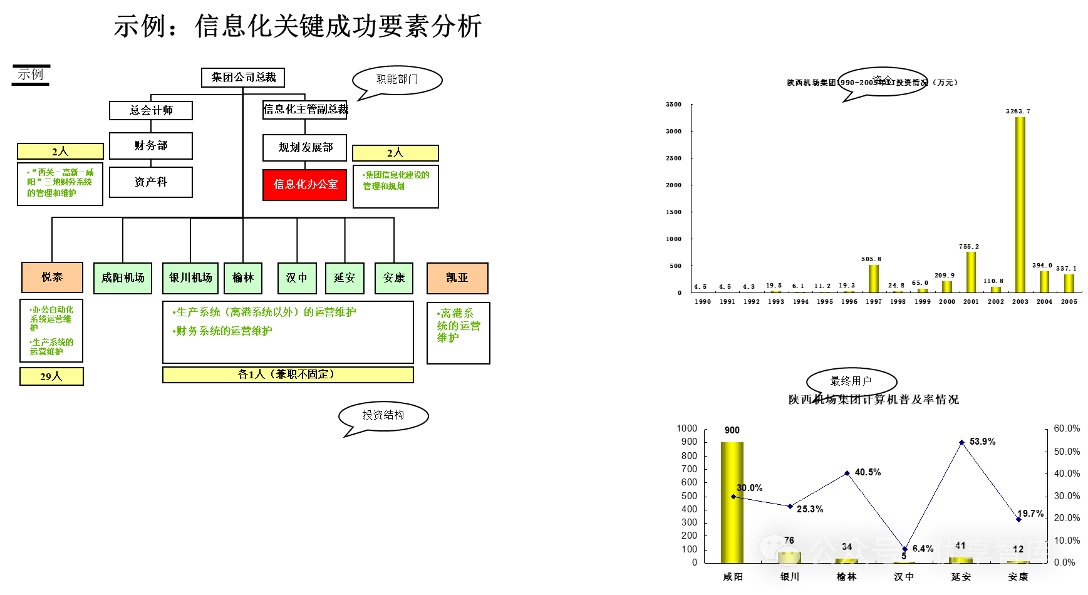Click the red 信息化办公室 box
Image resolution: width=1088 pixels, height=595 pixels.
point(304,185)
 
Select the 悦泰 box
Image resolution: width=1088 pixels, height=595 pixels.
point(52,277)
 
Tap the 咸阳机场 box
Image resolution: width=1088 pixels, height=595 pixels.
point(123,278)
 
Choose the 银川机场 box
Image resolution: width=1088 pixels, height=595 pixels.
point(190,278)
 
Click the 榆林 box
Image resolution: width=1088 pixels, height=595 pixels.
point(243,278)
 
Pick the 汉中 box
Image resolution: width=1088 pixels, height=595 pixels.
point(297,278)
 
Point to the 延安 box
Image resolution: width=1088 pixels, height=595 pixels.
point(345,278)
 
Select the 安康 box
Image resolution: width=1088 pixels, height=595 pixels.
point(394,278)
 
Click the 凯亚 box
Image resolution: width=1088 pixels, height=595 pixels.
point(457,278)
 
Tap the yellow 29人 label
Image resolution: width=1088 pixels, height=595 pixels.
point(51,376)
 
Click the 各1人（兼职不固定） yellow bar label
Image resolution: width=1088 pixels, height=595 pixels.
point(288,375)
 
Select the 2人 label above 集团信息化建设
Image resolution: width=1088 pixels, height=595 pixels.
point(395,153)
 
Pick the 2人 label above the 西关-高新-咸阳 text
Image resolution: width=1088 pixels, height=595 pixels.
point(60,152)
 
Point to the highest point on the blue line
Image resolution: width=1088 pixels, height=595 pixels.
point(961,443)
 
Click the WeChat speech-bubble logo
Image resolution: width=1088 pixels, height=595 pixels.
point(779,551)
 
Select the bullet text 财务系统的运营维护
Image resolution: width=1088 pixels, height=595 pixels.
point(223,331)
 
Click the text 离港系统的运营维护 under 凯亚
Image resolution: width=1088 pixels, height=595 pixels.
point(459,325)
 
